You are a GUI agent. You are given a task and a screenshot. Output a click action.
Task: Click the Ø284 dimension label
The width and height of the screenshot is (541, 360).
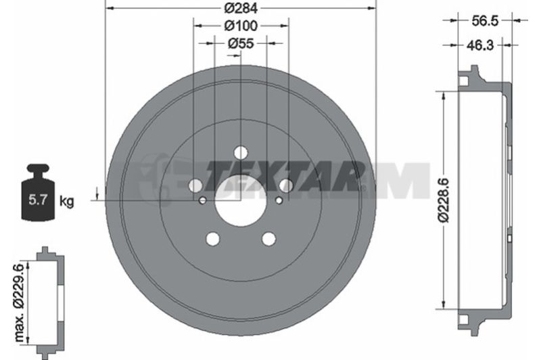241,8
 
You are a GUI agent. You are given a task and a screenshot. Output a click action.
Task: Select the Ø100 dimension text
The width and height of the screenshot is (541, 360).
241,26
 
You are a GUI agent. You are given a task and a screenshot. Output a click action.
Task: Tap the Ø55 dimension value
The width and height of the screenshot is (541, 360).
241,43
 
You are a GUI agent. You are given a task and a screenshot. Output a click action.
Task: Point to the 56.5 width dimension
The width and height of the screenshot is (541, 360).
485,21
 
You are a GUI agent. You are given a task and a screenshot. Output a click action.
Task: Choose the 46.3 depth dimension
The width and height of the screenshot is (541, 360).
480,45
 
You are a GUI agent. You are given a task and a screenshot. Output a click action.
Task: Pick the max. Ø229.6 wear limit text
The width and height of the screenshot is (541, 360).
20,302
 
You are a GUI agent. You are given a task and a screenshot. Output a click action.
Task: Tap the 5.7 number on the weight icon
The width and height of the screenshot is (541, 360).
38,200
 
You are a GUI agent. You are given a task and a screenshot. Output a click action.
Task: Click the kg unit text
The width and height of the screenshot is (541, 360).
66,201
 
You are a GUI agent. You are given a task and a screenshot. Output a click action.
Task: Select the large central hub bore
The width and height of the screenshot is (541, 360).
241,201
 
